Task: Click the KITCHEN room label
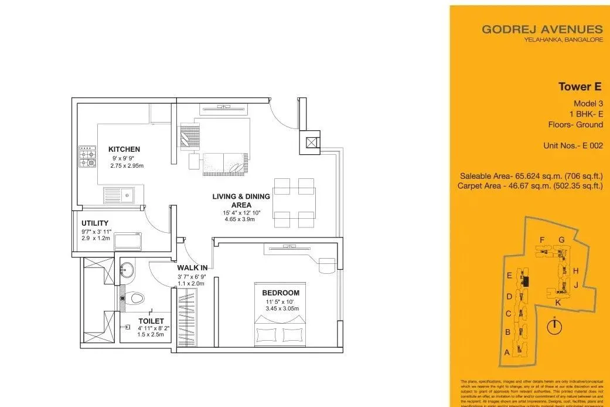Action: (x=124, y=150)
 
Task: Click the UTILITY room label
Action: (x=96, y=223)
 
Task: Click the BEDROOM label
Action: (x=281, y=293)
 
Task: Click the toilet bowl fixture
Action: (x=135, y=299)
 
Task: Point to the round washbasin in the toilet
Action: (x=126, y=270)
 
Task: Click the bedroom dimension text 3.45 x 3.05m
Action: (x=282, y=308)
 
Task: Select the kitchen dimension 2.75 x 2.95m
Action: (x=127, y=166)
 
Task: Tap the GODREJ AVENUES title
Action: (x=542, y=29)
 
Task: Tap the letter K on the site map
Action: (x=558, y=302)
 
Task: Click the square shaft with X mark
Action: (x=311, y=141)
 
